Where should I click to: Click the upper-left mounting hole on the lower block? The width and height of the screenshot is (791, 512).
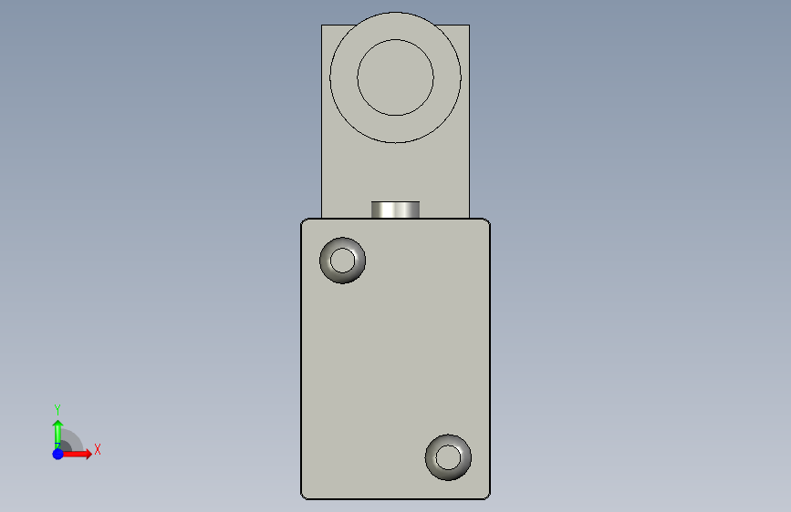pos(343,261)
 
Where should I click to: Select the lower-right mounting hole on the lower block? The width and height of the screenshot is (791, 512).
pos(448,456)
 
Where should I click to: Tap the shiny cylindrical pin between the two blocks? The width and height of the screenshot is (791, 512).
pos(395,210)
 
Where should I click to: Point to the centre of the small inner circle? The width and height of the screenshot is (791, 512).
pos(395,77)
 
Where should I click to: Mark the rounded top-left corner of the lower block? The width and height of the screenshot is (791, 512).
pos(304,221)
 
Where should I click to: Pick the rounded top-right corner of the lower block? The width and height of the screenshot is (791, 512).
pos(487,221)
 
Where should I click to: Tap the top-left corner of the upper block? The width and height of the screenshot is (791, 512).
pos(322,26)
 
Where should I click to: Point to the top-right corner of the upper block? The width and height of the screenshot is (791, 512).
pos(469,26)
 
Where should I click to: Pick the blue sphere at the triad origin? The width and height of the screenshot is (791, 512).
pos(57,454)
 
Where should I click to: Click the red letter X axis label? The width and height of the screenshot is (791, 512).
pos(97,449)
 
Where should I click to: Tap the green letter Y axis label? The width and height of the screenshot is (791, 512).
pos(57,409)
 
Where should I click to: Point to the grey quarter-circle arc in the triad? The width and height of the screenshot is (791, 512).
pos(75,438)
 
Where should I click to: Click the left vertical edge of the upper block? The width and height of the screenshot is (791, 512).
pos(322,118)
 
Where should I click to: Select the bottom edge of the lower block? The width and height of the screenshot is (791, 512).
pos(395,499)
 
